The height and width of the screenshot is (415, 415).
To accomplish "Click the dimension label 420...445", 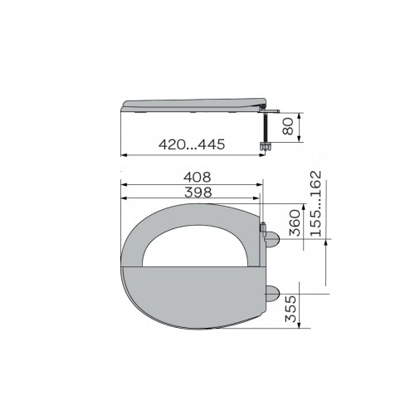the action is [192, 144].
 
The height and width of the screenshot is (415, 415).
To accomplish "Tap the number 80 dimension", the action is [288, 126].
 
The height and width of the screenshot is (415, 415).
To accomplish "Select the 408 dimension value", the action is [198, 177].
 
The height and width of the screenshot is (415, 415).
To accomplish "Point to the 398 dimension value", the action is [198, 193].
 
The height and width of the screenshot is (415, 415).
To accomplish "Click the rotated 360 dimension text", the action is [295, 222].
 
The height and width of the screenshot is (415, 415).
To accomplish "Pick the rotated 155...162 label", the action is [316, 203].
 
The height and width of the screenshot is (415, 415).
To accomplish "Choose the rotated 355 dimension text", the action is [290, 309].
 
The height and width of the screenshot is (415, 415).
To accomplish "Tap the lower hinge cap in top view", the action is [272, 294].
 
